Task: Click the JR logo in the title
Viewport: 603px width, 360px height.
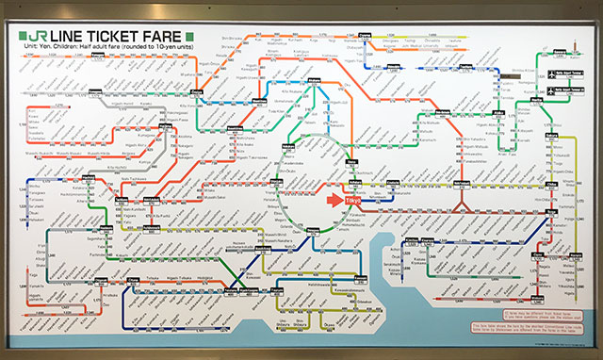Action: point(41,36)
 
